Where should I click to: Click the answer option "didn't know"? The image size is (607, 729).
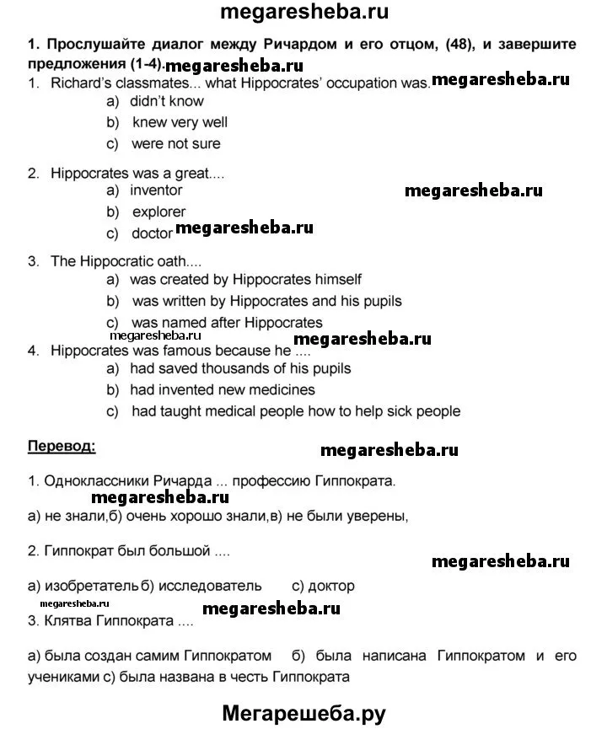tap(167, 101)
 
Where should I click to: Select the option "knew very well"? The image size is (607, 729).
tap(180, 122)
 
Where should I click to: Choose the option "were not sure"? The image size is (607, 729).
tap(175, 143)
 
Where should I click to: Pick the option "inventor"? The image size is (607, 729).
tap(156, 190)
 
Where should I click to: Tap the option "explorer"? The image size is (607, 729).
tap(158, 212)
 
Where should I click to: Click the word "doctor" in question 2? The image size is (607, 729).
tap(152, 233)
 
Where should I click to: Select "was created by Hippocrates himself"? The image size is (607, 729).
tap(246, 279)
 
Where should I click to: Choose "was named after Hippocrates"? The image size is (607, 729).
tap(227, 322)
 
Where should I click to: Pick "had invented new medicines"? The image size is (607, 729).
tap(223, 390)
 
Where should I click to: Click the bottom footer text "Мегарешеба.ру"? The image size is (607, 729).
tap(303, 713)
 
